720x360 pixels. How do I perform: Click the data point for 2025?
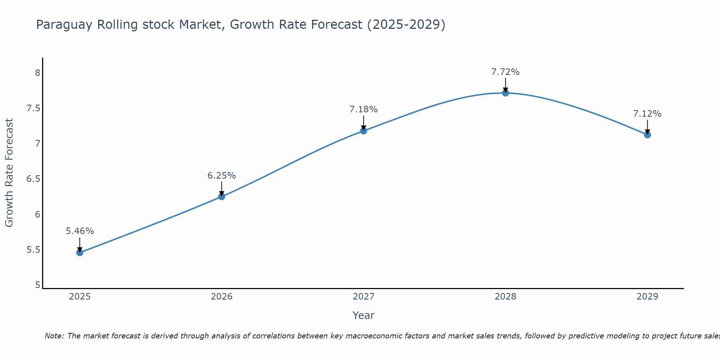point(80,253)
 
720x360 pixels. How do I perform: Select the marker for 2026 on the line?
point(222,197)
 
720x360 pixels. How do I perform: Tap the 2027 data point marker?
point(364,131)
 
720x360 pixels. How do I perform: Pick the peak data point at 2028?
point(505,93)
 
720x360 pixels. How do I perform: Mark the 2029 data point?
point(647,135)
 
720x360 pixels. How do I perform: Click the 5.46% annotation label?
point(80,231)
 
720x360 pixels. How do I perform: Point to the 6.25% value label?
point(222,176)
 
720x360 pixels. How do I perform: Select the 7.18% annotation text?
point(364,109)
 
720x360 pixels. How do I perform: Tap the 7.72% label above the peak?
point(505,72)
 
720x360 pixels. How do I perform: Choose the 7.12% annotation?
point(647,114)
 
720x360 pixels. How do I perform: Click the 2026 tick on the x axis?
point(222,297)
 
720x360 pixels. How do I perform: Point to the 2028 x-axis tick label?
point(505,297)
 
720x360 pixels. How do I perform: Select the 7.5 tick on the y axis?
point(33,108)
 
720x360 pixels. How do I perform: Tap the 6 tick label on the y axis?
point(37,215)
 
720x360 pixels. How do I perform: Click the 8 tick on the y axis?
point(37,73)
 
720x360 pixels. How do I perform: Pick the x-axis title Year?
point(364,315)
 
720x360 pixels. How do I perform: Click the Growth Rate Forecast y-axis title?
point(9,173)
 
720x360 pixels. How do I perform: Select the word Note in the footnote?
point(54,336)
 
